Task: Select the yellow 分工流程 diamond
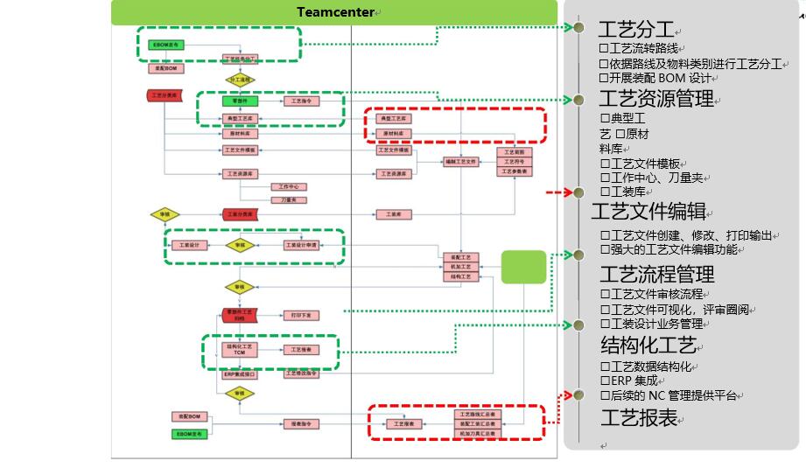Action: click(x=239, y=80)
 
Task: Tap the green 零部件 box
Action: click(x=240, y=101)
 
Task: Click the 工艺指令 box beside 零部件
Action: click(x=300, y=101)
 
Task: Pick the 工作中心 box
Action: click(x=289, y=186)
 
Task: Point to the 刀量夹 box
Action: click(x=289, y=199)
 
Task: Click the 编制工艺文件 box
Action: click(x=460, y=162)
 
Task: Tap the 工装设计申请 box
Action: click(x=302, y=245)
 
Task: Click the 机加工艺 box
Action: click(x=460, y=266)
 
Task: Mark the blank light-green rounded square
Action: click(x=523, y=267)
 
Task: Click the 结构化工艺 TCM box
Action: click(x=240, y=349)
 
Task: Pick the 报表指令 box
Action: click(x=300, y=423)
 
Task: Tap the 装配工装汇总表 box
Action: click(x=476, y=423)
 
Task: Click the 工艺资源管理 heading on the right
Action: click(x=656, y=99)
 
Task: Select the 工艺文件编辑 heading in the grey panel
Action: click(x=648, y=212)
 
